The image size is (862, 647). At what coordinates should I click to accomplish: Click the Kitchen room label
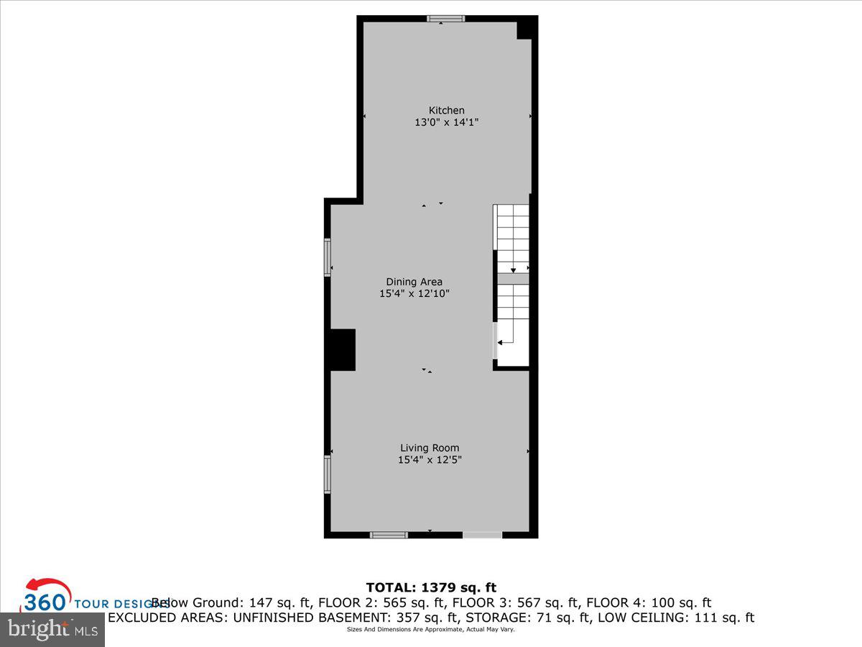446,110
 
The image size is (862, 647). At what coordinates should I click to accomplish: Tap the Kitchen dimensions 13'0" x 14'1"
446,123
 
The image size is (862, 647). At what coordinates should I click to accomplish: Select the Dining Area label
414,282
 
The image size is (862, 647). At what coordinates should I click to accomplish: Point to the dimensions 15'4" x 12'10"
414,294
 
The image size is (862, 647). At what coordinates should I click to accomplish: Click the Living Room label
430,448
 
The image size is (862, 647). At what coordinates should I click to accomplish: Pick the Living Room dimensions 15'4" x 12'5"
430,460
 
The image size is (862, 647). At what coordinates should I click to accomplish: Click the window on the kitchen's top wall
445,19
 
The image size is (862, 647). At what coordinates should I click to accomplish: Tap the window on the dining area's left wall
328,257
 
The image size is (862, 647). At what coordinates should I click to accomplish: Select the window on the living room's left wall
328,474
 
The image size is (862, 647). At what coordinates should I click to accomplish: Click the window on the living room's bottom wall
389,535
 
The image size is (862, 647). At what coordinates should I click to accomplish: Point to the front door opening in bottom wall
482,535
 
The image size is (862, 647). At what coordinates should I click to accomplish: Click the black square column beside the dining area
343,350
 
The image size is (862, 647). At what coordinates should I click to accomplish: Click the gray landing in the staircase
513,279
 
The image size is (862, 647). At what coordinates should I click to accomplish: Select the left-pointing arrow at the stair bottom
501,343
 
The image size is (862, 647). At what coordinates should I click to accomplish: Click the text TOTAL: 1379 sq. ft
431,587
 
